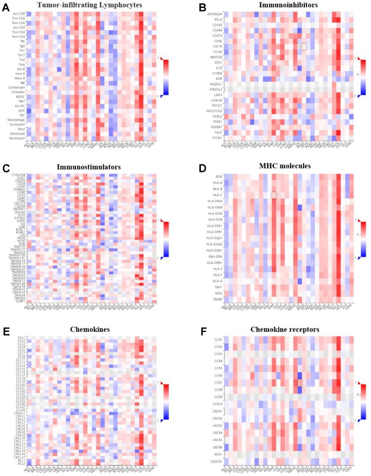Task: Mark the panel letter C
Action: [x=5, y=168]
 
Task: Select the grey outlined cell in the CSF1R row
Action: [x=304, y=46]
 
